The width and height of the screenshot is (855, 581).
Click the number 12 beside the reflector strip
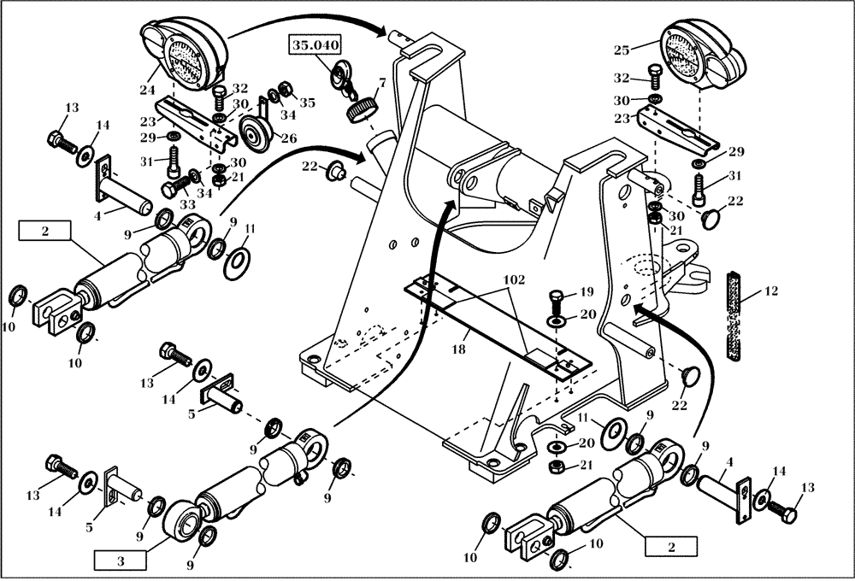pos(771,292)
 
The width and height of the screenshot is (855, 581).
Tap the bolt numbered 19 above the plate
pos(554,300)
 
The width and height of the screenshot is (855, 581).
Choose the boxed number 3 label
pos(121,560)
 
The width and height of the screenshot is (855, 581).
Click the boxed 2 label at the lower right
pos(670,544)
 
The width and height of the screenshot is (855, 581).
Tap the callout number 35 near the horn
pos(307,103)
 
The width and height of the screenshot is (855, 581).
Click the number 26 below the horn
pos(289,138)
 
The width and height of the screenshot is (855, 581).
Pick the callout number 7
pos(381,84)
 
